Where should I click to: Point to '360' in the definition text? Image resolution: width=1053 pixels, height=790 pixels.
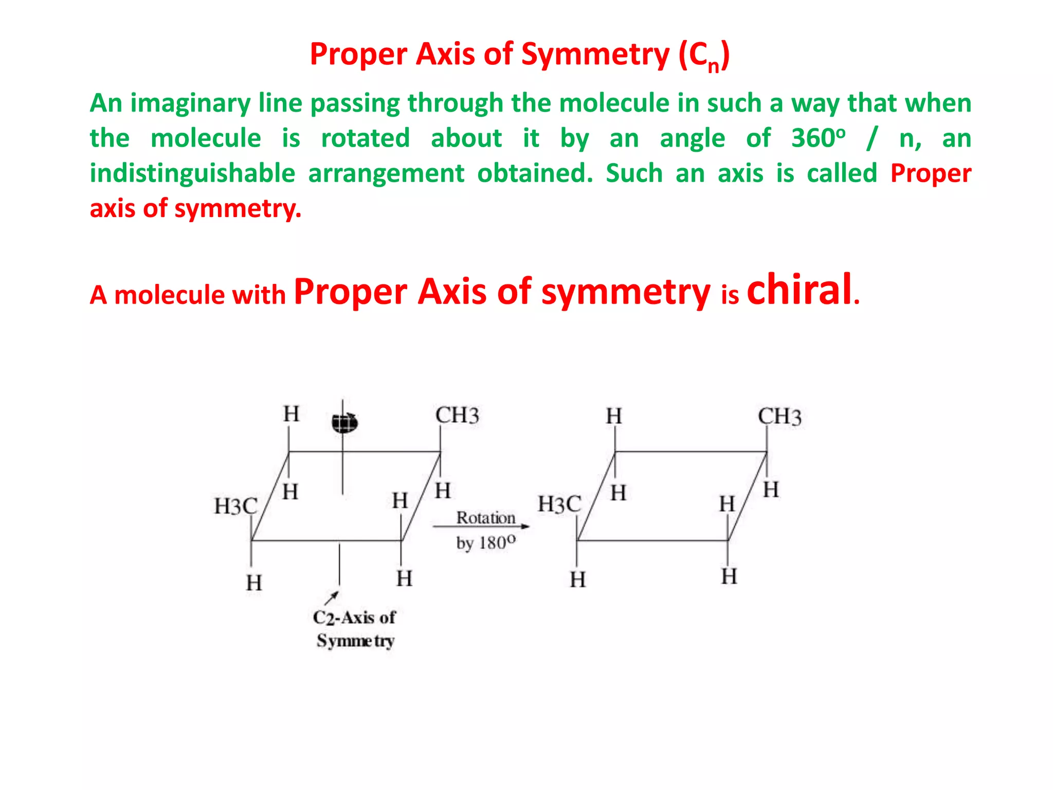[x=812, y=138]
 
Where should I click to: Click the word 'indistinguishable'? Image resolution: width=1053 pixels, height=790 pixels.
[x=192, y=173]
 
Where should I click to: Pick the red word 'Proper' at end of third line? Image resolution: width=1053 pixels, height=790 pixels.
[x=931, y=173]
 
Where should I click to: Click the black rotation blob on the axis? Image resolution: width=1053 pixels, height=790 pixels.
[x=344, y=423]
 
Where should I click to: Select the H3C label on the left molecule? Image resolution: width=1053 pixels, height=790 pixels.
[x=235, y=507]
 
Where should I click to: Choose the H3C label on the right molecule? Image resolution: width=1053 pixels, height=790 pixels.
[x=559, y=505]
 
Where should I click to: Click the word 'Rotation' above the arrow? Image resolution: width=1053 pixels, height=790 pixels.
[x=486, y=518]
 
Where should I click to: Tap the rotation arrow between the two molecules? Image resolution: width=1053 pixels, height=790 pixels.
[x=481, y=527]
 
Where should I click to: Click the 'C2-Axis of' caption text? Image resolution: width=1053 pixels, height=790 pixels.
[x=354, y=617]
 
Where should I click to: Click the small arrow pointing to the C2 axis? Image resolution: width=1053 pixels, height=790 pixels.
[x=332, y=598]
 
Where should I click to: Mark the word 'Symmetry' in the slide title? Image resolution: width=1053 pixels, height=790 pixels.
[x=595, y=54]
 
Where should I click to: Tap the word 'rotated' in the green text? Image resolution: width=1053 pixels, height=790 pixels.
[x=366, y=138]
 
